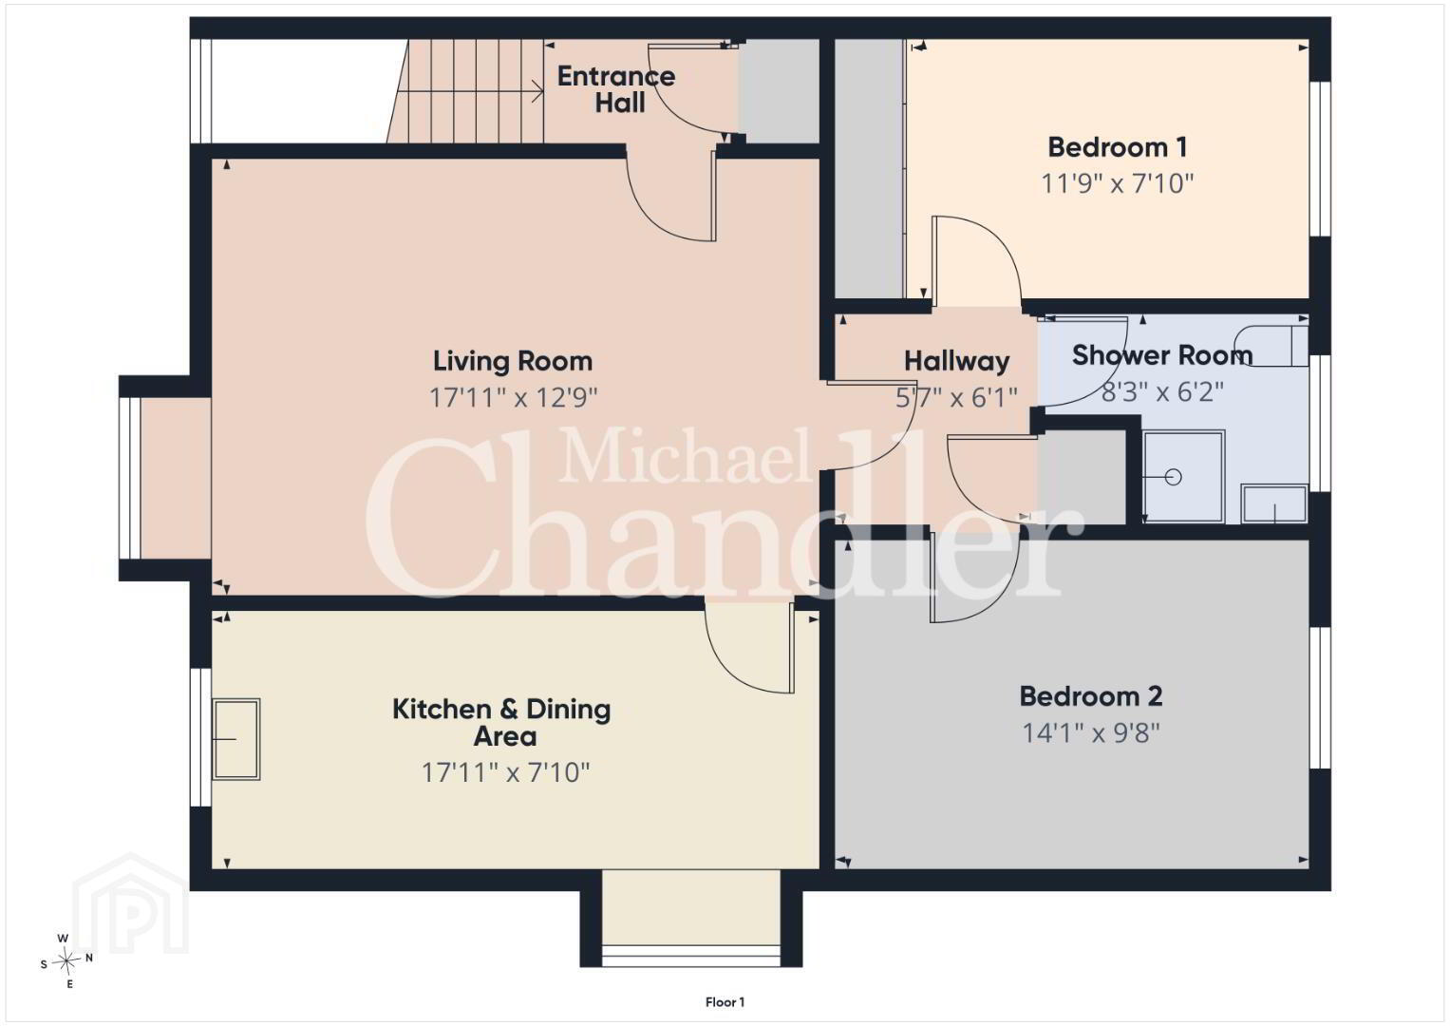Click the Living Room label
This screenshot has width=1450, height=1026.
513,361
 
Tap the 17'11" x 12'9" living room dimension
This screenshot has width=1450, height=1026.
513,397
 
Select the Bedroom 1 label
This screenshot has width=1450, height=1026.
1118,147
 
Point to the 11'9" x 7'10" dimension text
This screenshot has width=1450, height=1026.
1118,183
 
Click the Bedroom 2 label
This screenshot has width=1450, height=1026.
1091,696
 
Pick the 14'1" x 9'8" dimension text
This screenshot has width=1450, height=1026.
1091,733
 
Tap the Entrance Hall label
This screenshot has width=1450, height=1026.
616,89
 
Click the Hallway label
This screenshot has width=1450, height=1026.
957,361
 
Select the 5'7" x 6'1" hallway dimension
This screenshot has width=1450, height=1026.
957,397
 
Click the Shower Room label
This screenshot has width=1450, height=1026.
1162,355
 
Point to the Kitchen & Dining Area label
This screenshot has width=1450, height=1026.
501,722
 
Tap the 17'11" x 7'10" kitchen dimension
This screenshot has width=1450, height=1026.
505,772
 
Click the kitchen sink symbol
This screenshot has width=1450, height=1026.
236,739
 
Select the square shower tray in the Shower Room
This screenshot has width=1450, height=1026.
1183,477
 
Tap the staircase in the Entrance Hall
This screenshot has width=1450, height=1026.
465,91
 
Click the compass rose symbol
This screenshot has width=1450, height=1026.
66,960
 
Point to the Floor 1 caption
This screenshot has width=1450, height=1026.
725,1002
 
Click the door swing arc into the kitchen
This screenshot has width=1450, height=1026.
738,669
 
